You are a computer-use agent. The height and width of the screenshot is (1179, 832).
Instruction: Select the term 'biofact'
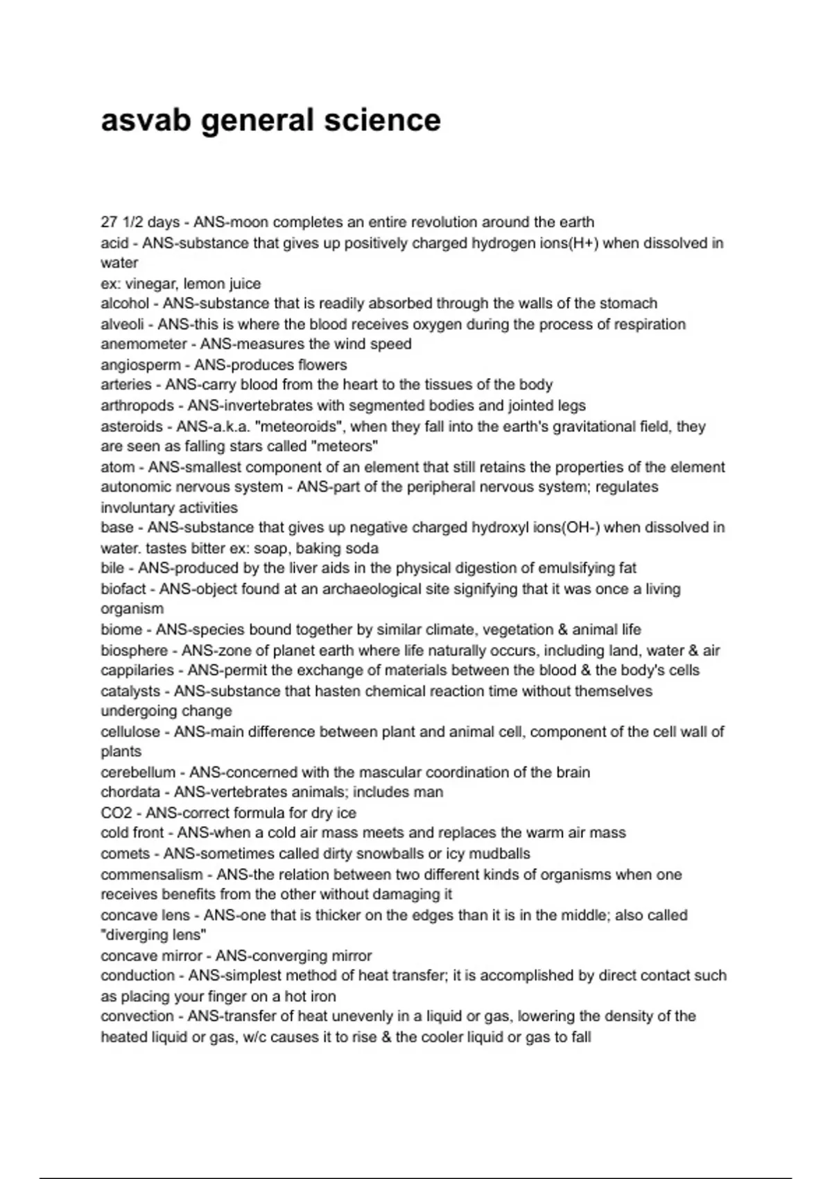pyautogui.click(x=123, y=589)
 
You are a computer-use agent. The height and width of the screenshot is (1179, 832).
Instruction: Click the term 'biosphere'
pyautogui.click(x=135, y=651)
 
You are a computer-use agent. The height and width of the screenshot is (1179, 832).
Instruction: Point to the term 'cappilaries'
pyautogui.click(x=137, y=671)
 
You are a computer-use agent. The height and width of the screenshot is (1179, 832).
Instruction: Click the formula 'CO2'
pyautogui.click(x=116, y=813)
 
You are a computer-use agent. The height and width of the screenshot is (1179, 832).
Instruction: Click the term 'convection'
pyautogui.click(x=137, y=1017)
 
